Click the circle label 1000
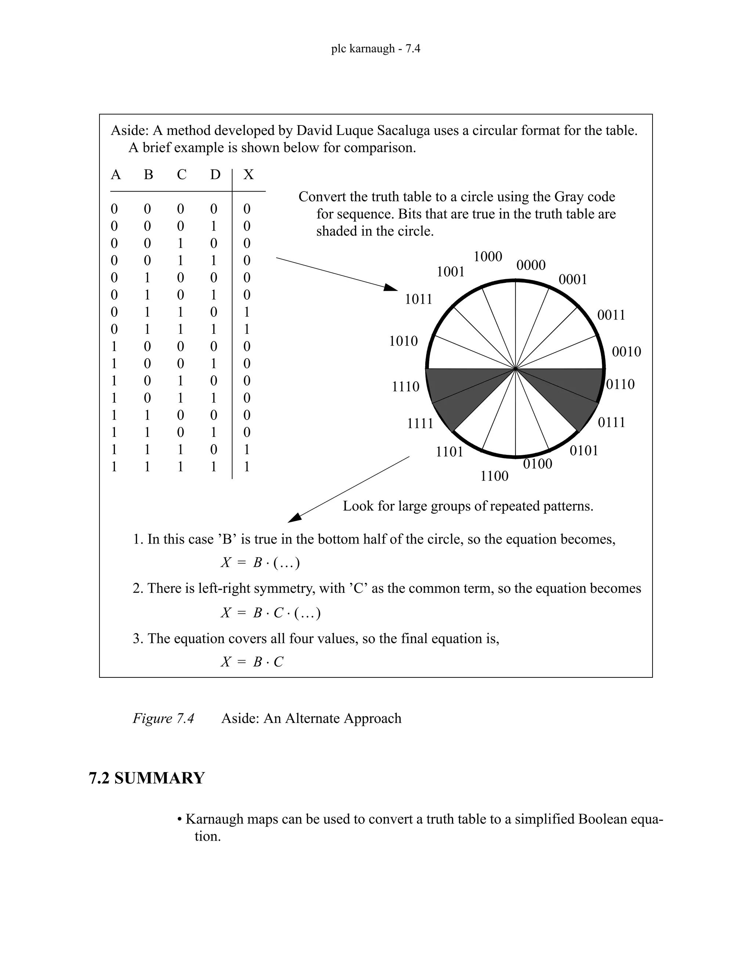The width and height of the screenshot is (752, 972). (488, 257)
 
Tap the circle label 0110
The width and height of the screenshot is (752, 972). (621, 384)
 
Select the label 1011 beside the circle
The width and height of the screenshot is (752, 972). (418, 299)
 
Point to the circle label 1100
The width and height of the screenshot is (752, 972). (494, 476)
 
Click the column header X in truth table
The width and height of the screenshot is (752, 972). (248, 175)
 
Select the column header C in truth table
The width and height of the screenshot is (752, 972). (181, 175)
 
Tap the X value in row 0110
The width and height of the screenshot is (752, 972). (247, 312)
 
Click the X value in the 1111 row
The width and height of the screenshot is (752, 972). (247, 467)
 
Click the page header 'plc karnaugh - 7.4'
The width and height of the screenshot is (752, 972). (376, 48)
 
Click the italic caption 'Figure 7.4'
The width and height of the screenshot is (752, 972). (163, 718)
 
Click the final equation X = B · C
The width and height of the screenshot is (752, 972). (252, 662)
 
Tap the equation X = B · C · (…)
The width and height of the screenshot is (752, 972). (270, 613)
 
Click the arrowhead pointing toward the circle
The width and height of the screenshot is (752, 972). (391, 288)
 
